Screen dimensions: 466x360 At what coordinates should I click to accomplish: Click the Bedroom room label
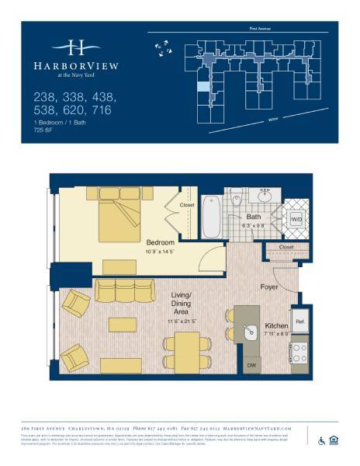point(161,242)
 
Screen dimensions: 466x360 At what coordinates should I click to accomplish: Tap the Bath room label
point(253,217)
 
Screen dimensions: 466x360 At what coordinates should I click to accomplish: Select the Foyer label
point(269,287)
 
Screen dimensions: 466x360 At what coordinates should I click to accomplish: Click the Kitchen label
point(276,325)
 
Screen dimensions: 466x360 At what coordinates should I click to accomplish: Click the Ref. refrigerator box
point(299,321)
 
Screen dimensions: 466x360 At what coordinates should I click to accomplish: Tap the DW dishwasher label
point(251,364)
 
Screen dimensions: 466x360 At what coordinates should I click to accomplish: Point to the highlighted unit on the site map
point(202,87)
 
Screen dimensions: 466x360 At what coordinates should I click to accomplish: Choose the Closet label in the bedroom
point(187,205)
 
